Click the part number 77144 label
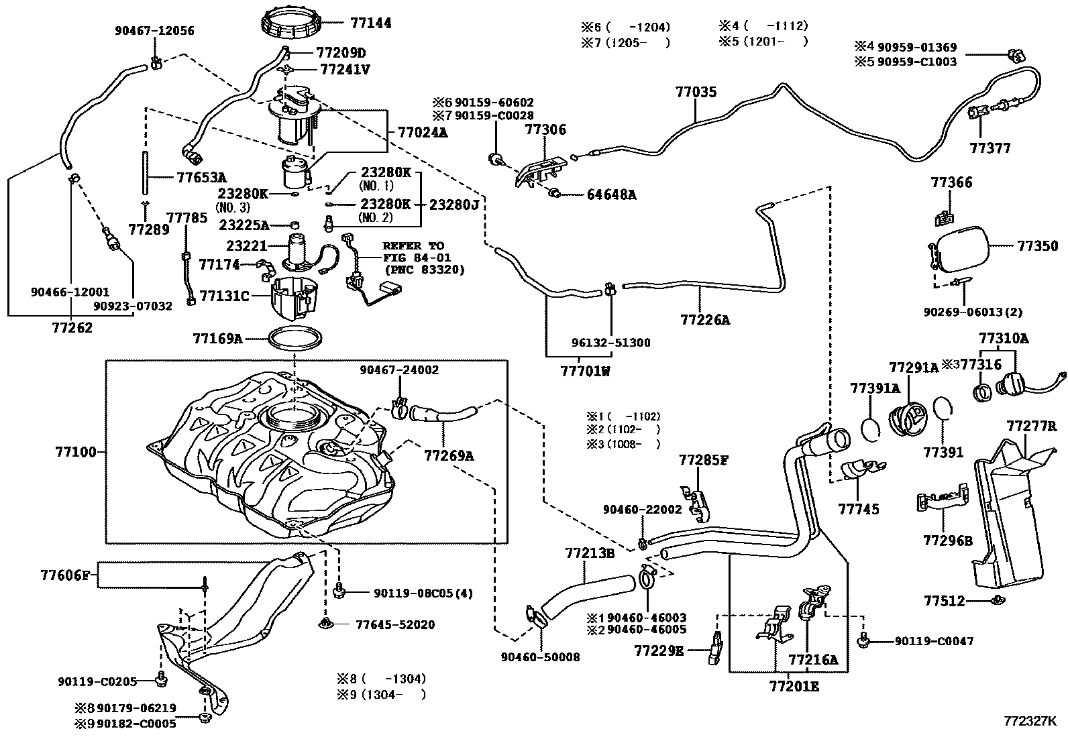coord(370,23)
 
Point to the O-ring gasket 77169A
coord(294,339)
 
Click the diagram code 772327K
coord(1030,722)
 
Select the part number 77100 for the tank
coord(76,452)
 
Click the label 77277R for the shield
coord(1031,426)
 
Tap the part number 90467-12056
coord(154,30)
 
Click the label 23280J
coord(453,205)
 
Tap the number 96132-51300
coord(610,343)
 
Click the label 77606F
coord(64,575)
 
